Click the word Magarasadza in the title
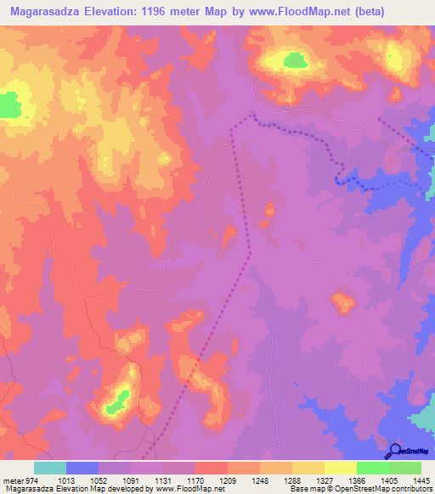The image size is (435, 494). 45,12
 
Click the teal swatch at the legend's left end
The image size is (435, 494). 50,468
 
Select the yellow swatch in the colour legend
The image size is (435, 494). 341,468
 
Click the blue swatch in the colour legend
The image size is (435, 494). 82,468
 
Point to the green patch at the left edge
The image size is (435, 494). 9,105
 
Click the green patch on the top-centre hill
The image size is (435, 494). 294,60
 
